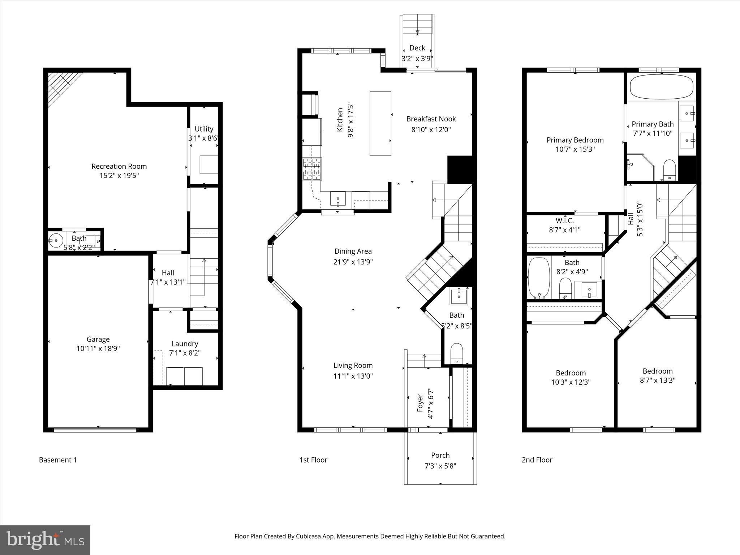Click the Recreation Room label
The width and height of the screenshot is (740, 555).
coord(119,166)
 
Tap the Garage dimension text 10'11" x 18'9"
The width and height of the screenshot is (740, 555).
coord(98,349)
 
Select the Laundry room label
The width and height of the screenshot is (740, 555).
coord(185,344)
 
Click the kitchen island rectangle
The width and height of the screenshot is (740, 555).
coord(380,124)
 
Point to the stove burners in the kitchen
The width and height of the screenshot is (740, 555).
coord(312,169)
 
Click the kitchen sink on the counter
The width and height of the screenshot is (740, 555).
coord(338,199)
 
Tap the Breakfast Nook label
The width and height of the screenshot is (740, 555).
coord(431,119)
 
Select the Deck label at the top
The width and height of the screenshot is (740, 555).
coord(417,48)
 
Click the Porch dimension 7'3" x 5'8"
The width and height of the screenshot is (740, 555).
coord(440,466)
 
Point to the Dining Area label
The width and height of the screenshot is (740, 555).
coord(353,251)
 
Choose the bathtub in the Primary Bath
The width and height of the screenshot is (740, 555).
coord(662,87)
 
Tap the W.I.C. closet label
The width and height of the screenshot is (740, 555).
coord(564,220)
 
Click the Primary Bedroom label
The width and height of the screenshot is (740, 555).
coord(575,140)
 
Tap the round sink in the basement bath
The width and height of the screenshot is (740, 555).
coord(56,240)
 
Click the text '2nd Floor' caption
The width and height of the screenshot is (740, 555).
coord(537,460)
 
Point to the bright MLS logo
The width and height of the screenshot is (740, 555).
coord(45,540)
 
